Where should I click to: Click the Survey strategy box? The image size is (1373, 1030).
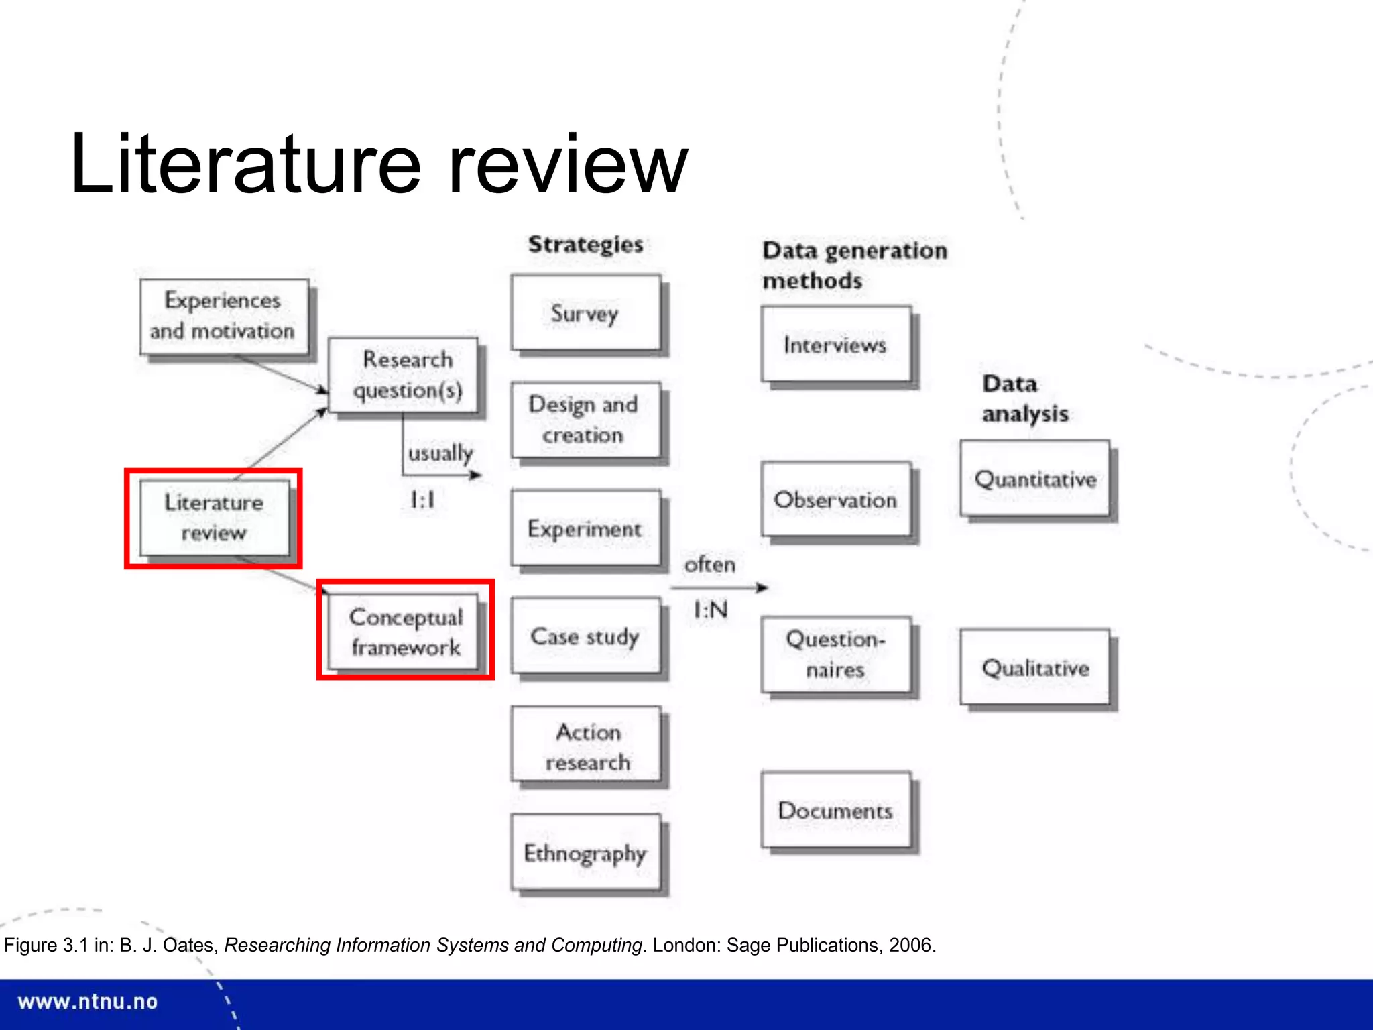point(585,313)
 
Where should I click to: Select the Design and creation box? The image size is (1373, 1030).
point(585,420)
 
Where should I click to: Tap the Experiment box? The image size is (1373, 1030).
point(585,528)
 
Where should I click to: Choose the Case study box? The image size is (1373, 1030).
point(585,636)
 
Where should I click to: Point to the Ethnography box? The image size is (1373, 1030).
point(585,853)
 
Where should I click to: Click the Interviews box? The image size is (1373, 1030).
point(836,345)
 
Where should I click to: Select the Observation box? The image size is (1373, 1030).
point(836,500)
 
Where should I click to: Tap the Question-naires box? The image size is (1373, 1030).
point(836,654)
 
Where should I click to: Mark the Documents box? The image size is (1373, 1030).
point(836,811)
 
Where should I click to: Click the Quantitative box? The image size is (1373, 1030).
point(1035,479)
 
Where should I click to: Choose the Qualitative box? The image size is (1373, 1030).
point(1035,667)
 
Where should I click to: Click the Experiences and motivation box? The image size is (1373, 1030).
point(224,316)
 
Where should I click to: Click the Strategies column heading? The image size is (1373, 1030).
point(585,245)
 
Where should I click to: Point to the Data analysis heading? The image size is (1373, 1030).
point(1024,398)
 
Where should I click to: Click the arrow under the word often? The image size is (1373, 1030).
point(719,588)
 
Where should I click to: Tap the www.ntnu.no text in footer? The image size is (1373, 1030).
point(88,1002)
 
